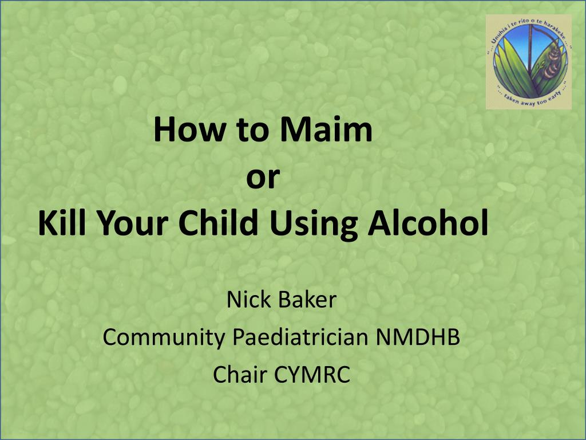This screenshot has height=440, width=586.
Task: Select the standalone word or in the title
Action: click(x=263, y=176)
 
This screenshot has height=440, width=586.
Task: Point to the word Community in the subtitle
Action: click(x=164, y=337)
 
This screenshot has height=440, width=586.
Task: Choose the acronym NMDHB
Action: click(x=418, y=337)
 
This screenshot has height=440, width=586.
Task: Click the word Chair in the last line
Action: click(x=240, y=374)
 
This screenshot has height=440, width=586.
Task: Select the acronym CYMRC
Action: click(x=312, y=374)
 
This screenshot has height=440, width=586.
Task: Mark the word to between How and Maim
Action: click(x=252, y=130)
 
